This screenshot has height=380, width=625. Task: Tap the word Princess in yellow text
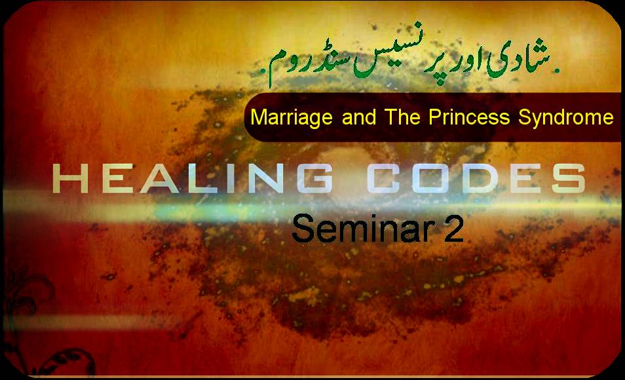coord(469,117)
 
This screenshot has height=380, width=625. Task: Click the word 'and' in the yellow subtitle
coord(359,117)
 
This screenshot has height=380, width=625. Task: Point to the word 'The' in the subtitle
coord(403,117)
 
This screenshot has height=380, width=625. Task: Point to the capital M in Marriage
coord(257,117)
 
